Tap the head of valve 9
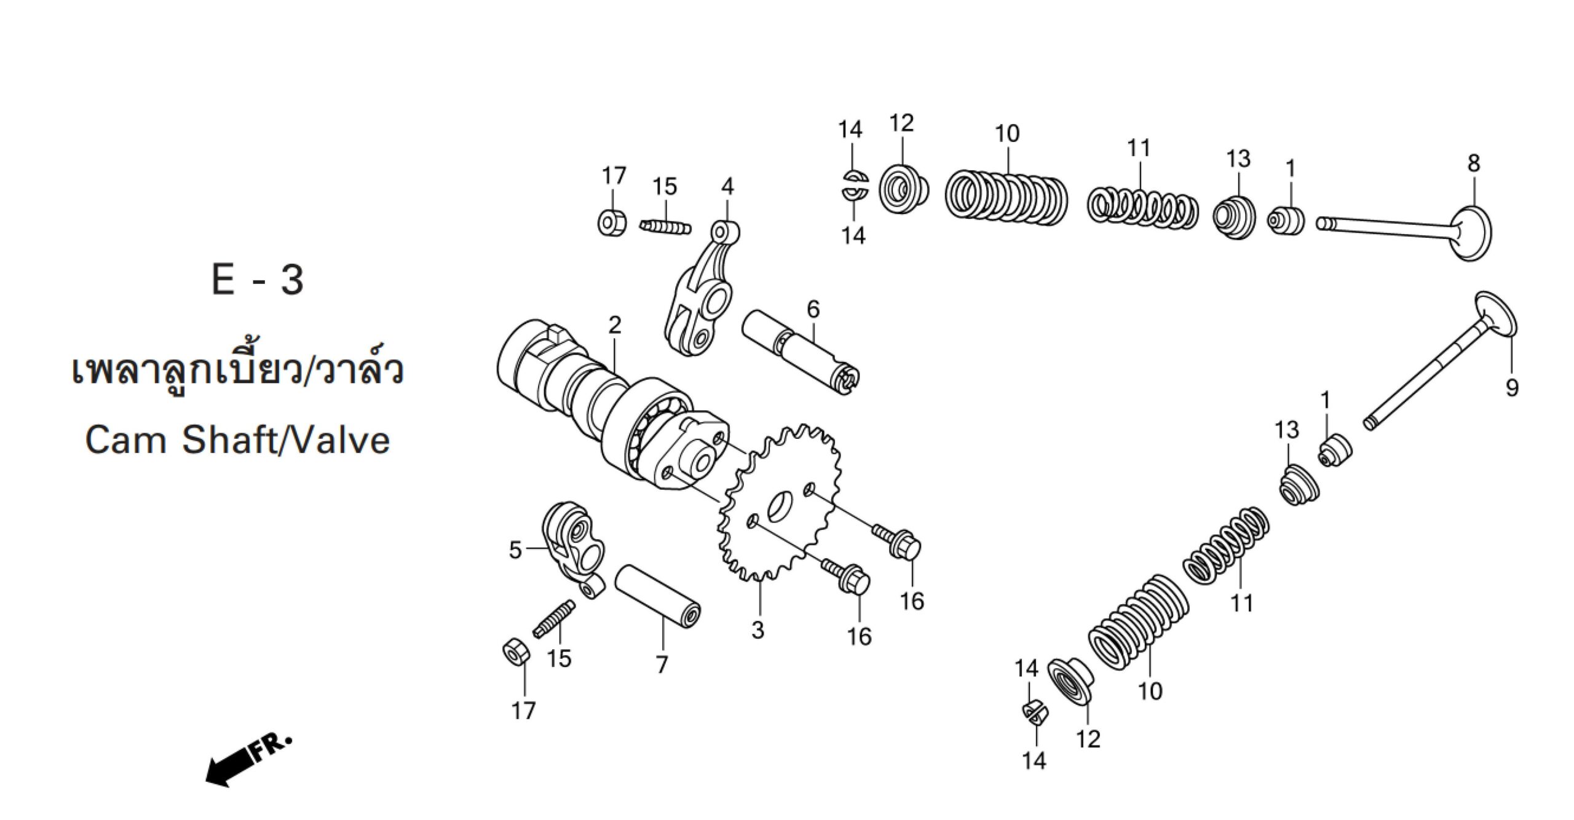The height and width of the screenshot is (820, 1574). pyautogui.click(x=1495, y=313)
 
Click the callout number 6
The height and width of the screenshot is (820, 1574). pyautogui.click(x=813, y=309)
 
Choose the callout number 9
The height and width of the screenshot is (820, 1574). pyautogui.click(x=1512, y=388)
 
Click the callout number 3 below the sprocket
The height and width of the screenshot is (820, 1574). pyautogui.click(x=757, y=629)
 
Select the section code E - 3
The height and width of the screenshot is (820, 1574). pyautogui.click(x=258, y=280)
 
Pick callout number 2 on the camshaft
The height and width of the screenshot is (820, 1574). pyautogui.click(x=615, y=325)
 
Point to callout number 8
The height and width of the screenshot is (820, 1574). pyautogui.click(x=1474, y=164)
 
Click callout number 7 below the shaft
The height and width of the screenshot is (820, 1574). pyautogui.click(x=662, y=664)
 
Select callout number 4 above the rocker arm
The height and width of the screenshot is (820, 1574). pyautogui.click(x=727, y=186)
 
